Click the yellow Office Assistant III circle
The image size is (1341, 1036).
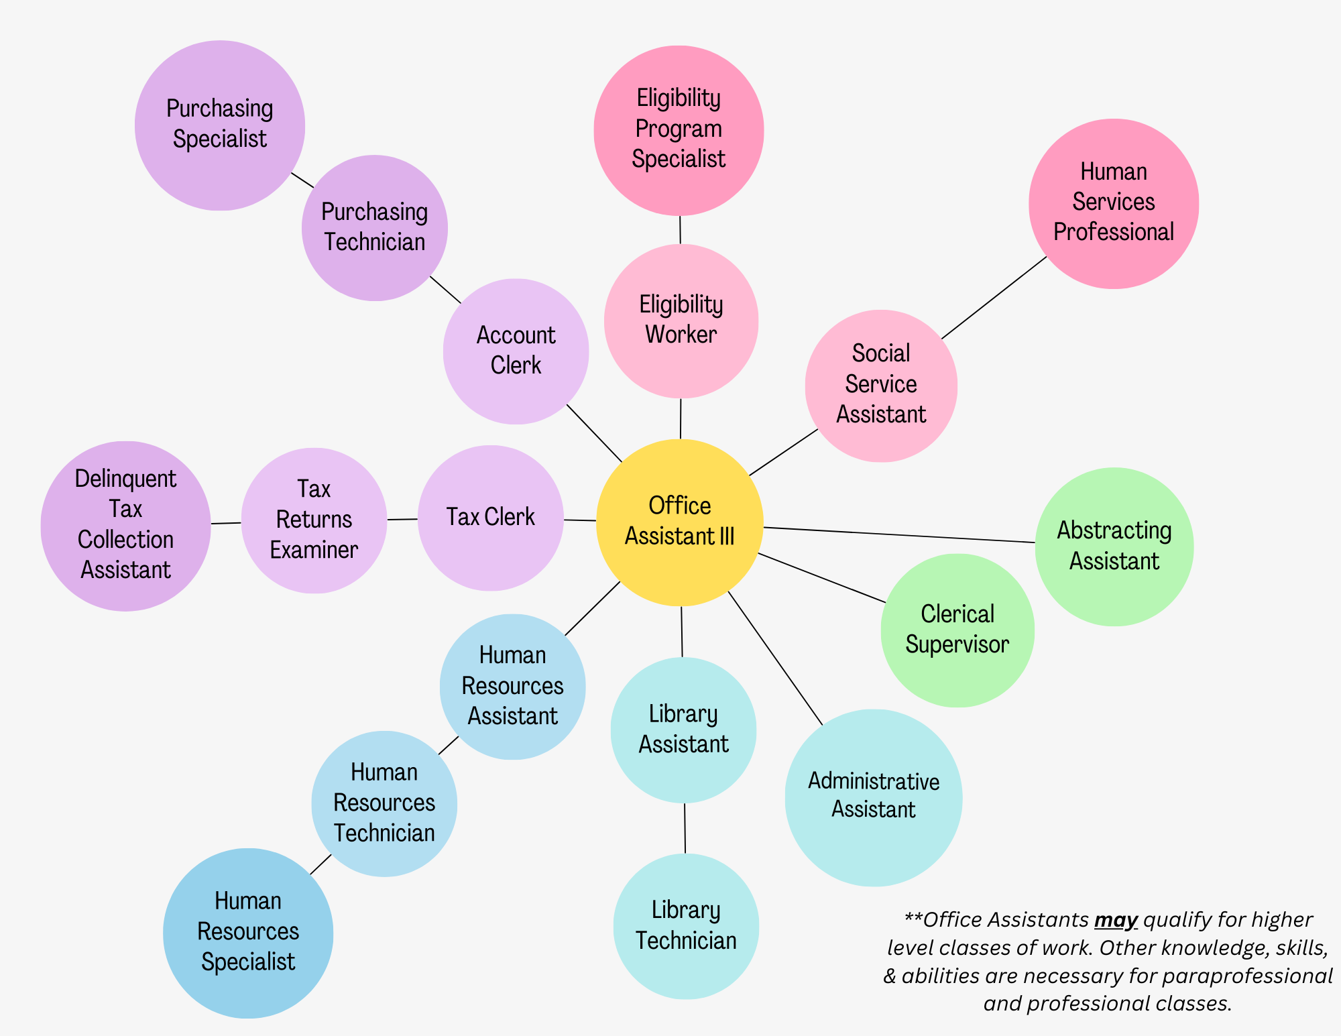(679, 522)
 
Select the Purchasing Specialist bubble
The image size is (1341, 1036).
(220, 125)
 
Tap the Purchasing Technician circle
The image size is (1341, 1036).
(374, 227)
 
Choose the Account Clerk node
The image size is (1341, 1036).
(516, 351)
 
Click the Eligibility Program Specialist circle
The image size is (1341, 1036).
(679, 129)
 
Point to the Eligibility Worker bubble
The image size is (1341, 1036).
(681, 320)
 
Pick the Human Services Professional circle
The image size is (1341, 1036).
(1113, 203)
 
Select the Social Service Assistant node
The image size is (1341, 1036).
(880, 385)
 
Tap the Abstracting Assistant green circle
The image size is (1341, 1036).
(1114, 546)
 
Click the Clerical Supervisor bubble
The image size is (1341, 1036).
(957, 630)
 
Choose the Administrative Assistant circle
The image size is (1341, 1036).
(873, 797)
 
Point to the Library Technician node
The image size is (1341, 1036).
(685, 925)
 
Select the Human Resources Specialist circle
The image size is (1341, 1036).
(247, 932)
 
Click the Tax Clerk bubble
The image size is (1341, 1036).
(490, 518)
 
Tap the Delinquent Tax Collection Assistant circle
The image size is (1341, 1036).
(125, 525)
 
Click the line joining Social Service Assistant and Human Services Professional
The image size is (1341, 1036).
(994, 298)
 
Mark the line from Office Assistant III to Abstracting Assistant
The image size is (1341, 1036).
(898, 535)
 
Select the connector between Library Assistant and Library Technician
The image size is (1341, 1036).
(685, 828)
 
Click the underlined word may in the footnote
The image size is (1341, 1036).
(1116, 919)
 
